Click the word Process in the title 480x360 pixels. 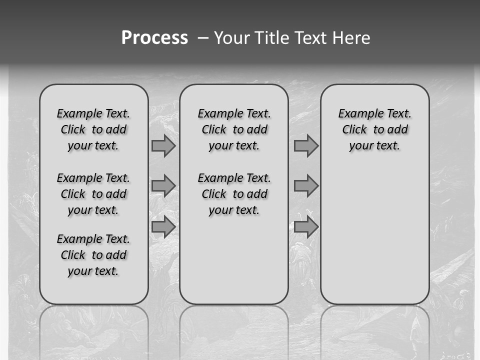pyautogui.click(x=154, y=38)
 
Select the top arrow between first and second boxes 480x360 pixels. pyautogui.click(x=163, y=146)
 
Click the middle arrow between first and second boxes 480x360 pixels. pyautogui.click(x=163, y=186)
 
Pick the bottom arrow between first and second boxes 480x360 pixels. pyautogui.click(x=163, y=227)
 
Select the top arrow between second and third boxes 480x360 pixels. pyautogui.click(x=306, y=146)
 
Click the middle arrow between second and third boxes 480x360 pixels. pyautogui.click(x=306, y=186)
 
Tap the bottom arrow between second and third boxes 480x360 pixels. pyautogui.click(x=306, y=227)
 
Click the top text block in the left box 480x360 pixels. pyautogui.click(x=93, y=129)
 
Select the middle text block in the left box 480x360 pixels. pyautogui.click(x=93, y=194)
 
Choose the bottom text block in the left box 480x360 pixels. pyautogui.click(x=93, y=255)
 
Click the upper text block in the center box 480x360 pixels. pyautogui.click(x=234, y=129)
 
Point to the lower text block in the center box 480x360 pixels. pyautogui.click(x=234, y=194)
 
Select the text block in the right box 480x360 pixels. pyautogui.click(x=374, y=129)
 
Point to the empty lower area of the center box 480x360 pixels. pyautogui.click(x=234, y=260)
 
